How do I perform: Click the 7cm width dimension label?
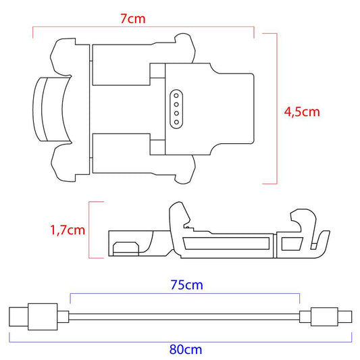click(x=132, y=19)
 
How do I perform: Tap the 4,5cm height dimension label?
click(x=301, y=111)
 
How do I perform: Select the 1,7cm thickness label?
click(x=68, y=230)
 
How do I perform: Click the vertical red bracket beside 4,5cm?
click(x=276, y=108)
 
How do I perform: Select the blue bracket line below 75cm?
click(x=185, y=295)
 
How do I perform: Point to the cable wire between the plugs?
click(x=185, y=316)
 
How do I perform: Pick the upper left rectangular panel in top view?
click(x=120, y=65)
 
